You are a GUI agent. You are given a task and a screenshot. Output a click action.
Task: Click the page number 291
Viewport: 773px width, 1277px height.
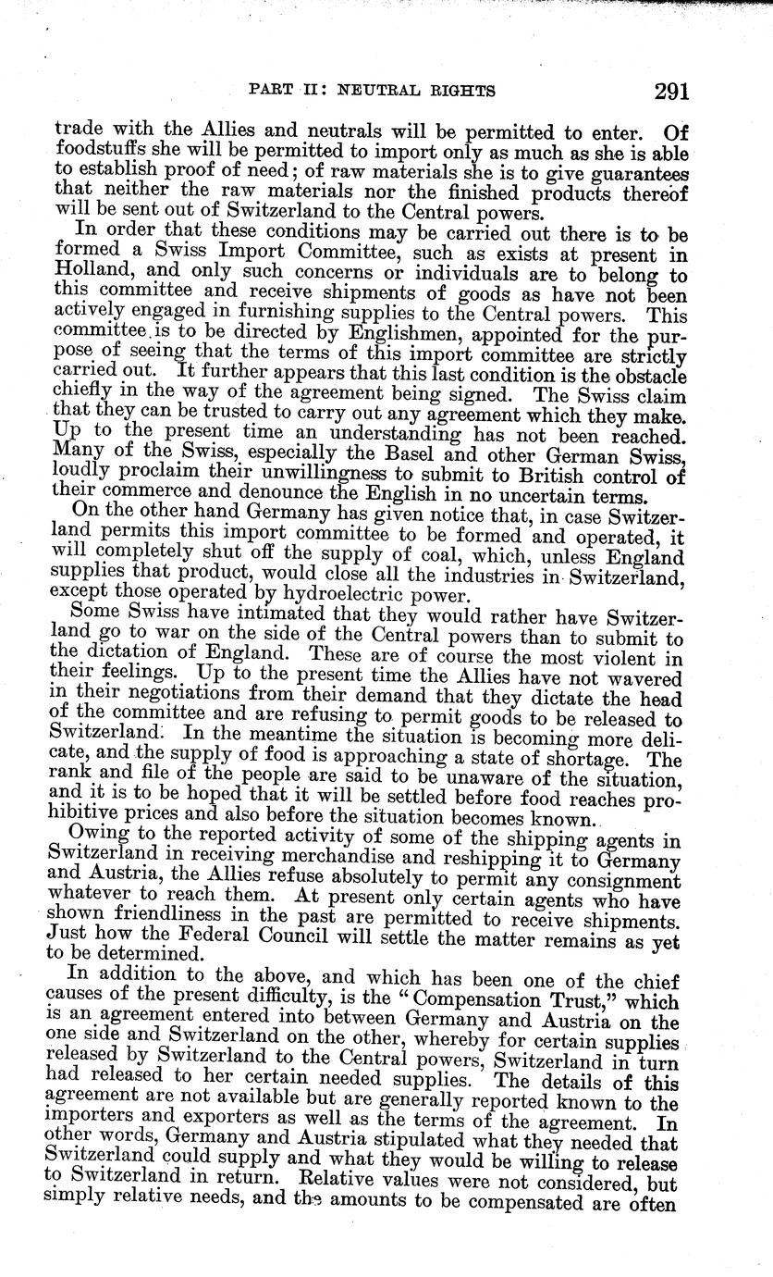tap(671, 91)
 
